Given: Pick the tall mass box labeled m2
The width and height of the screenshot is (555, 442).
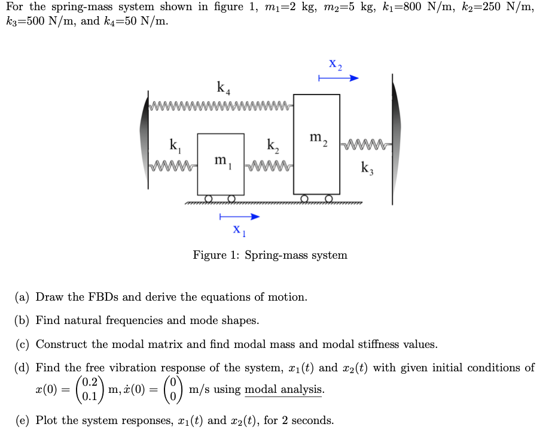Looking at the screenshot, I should tap(316, 144).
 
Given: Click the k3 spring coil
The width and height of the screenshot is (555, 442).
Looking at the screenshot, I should tap(365, 144).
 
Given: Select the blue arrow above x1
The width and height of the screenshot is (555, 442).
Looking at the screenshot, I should tap(239, 216).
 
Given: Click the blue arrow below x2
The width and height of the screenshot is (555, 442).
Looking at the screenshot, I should tap(338, 78).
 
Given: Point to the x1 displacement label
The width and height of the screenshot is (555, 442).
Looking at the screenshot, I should tap(239, 230).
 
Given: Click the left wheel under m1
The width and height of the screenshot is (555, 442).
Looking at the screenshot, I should tap(208, 199).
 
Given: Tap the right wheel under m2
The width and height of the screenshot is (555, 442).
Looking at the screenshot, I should tap(329, 198).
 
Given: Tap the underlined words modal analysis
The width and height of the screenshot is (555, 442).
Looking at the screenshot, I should tap(284, 390).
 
